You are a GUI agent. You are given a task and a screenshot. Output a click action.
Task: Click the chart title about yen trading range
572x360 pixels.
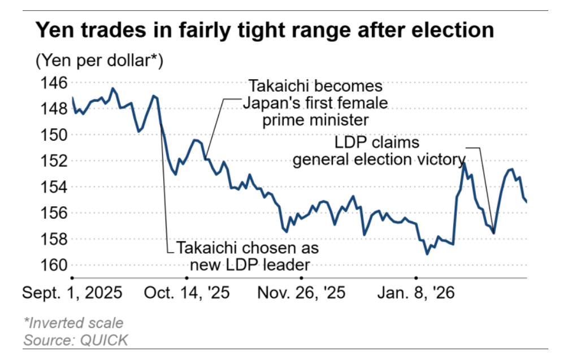coord(265,30)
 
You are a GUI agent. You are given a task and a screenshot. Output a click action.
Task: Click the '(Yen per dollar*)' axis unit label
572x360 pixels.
coord(99,60)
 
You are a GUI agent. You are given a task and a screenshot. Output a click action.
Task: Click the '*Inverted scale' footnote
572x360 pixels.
coord(73,323)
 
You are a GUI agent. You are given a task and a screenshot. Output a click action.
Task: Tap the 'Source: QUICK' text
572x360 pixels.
coord(76,340)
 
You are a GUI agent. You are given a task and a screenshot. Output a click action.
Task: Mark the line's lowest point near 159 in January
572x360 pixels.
coord(427,254)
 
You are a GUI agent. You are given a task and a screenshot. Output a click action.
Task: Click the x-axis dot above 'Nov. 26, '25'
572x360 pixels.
coord(301,277)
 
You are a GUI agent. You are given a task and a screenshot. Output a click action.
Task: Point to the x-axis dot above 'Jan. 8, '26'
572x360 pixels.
coord(415,277)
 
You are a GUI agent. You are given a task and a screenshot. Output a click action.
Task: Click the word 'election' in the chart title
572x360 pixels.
coord(453,30)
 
